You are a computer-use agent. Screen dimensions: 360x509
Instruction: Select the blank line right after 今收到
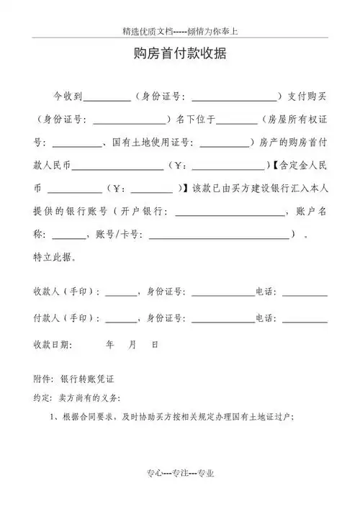click(x=107, y=99)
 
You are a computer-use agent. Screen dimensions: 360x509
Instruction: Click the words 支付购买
click(x=307, y=96)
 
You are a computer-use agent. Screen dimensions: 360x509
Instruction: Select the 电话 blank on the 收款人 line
click(x=305, y=296)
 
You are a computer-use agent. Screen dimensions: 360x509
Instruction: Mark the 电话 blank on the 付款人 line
click(x=305, y=322)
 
